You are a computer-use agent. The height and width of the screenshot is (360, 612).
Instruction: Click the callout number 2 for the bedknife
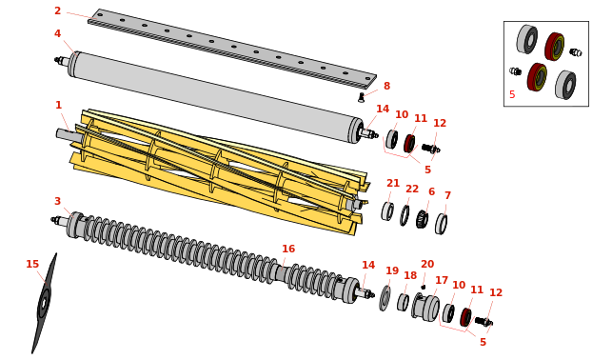58,10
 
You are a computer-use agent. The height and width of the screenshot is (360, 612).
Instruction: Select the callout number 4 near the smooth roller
57,33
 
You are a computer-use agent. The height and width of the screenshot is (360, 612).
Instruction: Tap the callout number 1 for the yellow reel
59,105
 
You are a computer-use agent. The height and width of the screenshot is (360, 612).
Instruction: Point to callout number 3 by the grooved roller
57,201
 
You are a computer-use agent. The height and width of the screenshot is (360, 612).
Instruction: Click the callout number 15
32,265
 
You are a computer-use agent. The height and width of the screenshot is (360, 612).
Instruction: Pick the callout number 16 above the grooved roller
288,249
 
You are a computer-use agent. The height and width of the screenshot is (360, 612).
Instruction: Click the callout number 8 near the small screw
386,86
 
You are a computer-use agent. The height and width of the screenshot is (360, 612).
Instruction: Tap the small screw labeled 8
362,97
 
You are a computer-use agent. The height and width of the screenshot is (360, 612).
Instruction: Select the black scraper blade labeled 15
44,304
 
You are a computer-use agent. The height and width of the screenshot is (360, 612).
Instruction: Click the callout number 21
393,183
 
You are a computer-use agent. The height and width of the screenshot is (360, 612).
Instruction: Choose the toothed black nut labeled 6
422,219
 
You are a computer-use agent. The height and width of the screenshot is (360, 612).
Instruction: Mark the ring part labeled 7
441,224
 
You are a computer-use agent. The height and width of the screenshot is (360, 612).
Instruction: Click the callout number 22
412,189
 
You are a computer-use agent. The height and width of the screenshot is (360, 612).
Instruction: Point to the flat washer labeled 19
385,298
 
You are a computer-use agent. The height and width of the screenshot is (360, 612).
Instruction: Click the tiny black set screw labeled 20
424,287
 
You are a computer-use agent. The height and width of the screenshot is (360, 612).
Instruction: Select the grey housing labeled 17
425,308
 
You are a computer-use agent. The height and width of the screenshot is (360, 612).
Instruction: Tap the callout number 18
410,275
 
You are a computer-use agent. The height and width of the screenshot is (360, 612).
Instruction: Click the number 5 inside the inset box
512,94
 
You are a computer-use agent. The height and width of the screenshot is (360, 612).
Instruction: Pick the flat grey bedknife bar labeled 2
232,49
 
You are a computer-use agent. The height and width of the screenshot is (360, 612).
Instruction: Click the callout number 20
427,265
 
